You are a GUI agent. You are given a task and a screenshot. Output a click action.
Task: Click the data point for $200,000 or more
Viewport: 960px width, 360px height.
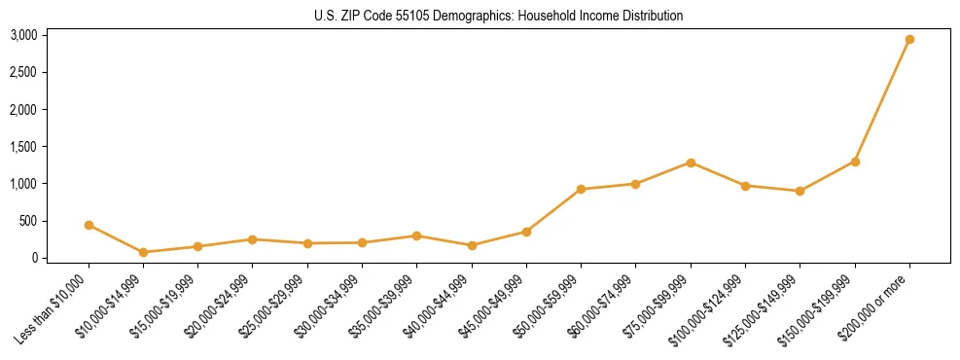tap(909, 40)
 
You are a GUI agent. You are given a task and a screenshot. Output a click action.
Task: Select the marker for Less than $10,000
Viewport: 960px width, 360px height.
tap(89, 225)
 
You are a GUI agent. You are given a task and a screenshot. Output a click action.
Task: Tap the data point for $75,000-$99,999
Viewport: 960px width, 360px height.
tap(691, 162)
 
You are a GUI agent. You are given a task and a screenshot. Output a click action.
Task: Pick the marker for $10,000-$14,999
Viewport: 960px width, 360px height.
tap(143, 252)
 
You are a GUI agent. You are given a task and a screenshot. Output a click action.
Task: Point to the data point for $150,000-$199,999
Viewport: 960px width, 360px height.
tap(855, 162)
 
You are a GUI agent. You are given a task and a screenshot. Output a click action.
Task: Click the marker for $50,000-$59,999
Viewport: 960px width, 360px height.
tap(581, 189)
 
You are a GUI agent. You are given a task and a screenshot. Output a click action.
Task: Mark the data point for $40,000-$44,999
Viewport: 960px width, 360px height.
tap(472, 245)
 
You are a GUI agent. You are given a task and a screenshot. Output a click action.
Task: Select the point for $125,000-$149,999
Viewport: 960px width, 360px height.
tap(800, 191)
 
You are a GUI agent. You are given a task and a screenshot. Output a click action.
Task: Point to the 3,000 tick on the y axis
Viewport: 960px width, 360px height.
tap(23, 35)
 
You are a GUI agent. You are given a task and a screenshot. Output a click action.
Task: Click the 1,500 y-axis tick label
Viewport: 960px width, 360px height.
tap(23, 147)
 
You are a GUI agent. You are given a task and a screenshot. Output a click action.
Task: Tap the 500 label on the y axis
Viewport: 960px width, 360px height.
tap(28, 221)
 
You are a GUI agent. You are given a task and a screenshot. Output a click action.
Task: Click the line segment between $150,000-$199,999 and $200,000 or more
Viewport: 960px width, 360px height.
tap(882, 100)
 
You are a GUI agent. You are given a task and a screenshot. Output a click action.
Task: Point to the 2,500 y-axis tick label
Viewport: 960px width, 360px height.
tap(23, 72)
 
